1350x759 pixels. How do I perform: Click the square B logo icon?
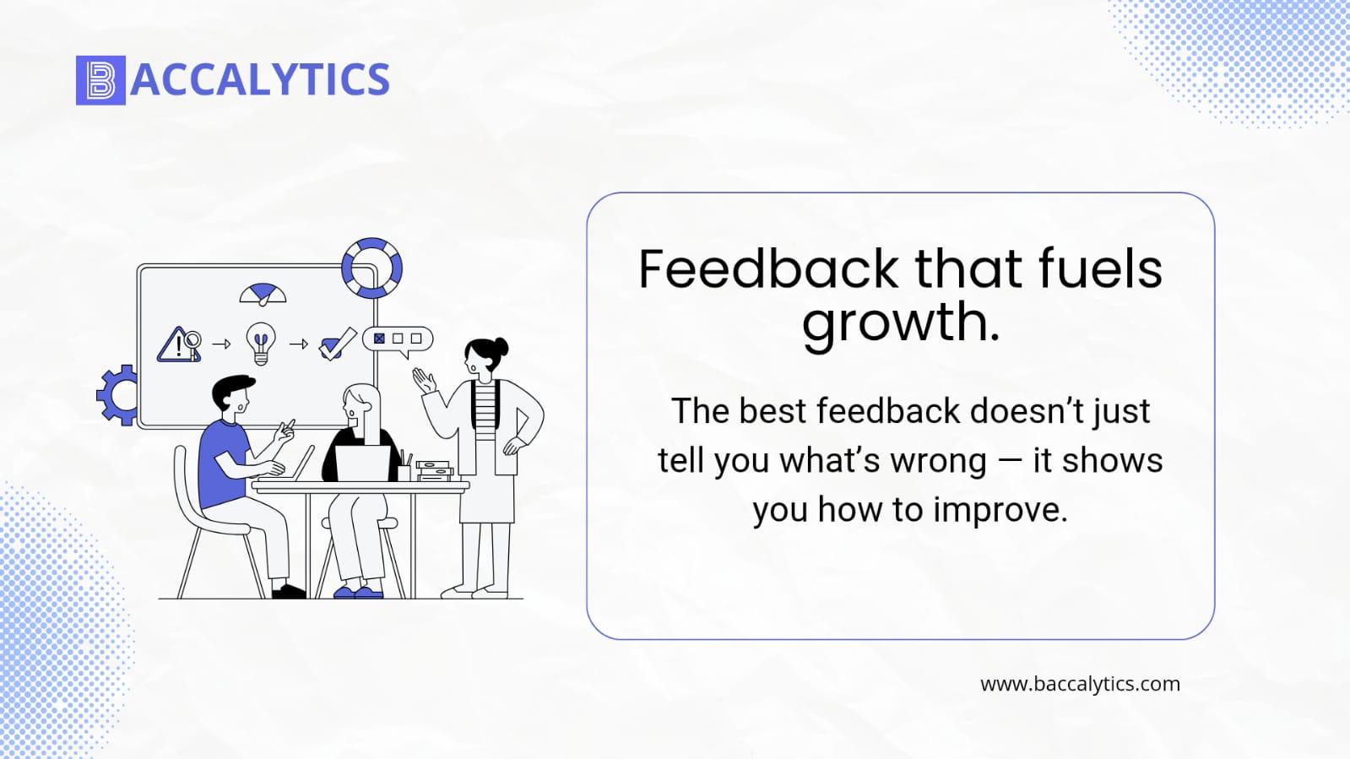(x=100, y=80)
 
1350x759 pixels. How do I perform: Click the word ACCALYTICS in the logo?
(x=260, y=79)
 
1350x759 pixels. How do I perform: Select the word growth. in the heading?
(x=900, y=323)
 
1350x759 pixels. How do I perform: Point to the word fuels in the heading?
(x=1100, y=268)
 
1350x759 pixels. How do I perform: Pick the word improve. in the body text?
(x=1000, y=511)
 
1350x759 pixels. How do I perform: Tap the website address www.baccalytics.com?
(x=1080, y=684)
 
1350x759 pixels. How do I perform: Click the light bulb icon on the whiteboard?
(x=261, y=344)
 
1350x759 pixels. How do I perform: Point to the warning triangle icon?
(x=175, y=345)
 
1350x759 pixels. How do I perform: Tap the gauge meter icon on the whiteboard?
(x=263, y=294)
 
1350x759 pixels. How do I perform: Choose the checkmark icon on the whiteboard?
(x=337, y=344)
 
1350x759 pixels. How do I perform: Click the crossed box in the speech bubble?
(x=379, y=339)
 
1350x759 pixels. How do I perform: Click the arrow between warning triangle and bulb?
(x=221, y=344)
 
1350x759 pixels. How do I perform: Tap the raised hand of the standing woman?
(x=425, y=381)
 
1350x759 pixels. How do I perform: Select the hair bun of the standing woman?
(x=501, y=347)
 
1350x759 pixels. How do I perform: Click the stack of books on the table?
(x=434, y=471)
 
